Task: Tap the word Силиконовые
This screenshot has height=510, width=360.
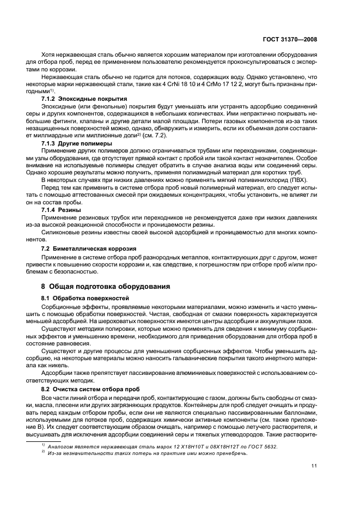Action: click(x=58, y=232)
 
